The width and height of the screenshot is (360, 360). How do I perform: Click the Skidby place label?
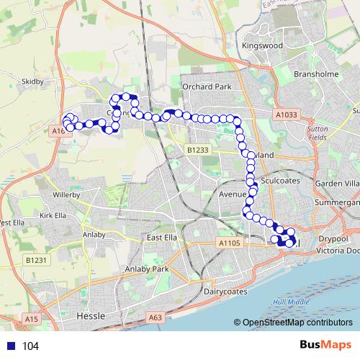33,82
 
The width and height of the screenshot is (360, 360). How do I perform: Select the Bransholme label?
315,73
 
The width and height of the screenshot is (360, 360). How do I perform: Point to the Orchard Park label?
207,86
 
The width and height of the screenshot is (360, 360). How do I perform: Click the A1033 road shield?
286,114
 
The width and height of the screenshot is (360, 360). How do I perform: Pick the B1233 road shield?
197,150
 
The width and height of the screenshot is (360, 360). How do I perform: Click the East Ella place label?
161,238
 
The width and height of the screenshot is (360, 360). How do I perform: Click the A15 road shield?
30,318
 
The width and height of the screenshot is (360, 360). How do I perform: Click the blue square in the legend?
10,346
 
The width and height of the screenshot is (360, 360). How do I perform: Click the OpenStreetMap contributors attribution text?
297,323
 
